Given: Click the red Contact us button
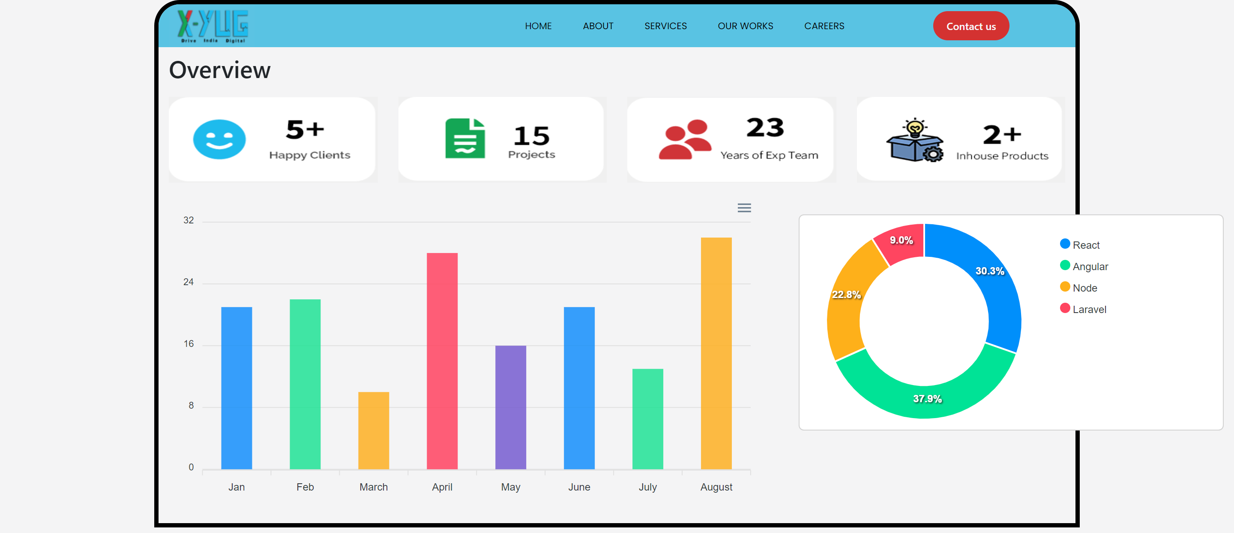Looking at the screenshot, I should click(970, 26).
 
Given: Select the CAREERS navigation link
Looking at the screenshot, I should click(824, 26).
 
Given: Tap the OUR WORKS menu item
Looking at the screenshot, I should click(745, 26).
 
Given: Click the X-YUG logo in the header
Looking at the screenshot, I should click(212, 26).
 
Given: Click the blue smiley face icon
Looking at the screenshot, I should click(219, 139).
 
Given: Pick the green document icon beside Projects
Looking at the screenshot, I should click(464, 139).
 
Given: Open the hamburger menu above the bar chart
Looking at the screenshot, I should click(744, 208).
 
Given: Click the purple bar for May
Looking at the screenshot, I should click(511, 407).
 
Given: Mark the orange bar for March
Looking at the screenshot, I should click(374, 430).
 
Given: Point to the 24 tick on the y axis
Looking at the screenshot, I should click(188, 282).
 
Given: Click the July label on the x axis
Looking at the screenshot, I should click(648, 487).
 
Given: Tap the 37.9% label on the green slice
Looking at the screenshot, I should click(927, 399).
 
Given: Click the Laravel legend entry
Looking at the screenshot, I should click(1088, 309).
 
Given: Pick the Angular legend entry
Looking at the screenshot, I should click(1089, 267).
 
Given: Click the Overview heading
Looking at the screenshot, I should click(220, 70).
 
